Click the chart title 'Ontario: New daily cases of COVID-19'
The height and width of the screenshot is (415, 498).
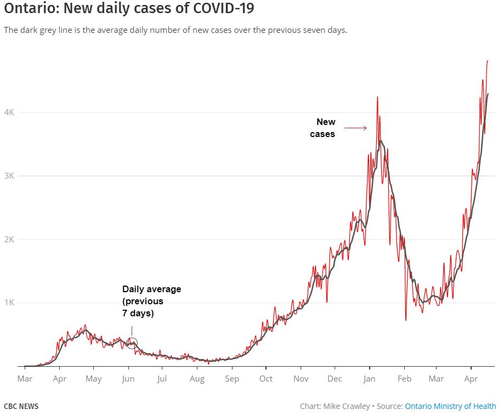[x=129, y=9]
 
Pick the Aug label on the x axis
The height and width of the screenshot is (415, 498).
[x=197, y=379]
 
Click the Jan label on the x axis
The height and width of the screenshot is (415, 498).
[x=369, y=379]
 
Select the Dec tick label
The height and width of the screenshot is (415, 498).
[x=335, y=379]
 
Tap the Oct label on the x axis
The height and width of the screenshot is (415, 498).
[x=266, y=379]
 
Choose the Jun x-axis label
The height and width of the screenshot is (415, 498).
[x=128, y=379]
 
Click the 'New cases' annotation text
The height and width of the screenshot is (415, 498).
[x=324, y=128]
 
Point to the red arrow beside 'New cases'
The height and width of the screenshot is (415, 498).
[x=355, y=128]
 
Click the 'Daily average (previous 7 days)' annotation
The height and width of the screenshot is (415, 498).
[x=151, y=301]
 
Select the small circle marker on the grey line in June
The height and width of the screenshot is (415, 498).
[x=132, y=344]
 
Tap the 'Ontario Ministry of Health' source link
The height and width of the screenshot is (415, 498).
[x=450, y=406]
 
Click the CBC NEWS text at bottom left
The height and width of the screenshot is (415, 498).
[x=21, y=406]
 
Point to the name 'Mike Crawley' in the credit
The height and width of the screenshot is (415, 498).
[x=347, y=406]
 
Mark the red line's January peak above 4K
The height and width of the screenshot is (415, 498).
[x=377, y=97]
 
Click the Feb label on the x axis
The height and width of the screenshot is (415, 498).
[x=404, y=379]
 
